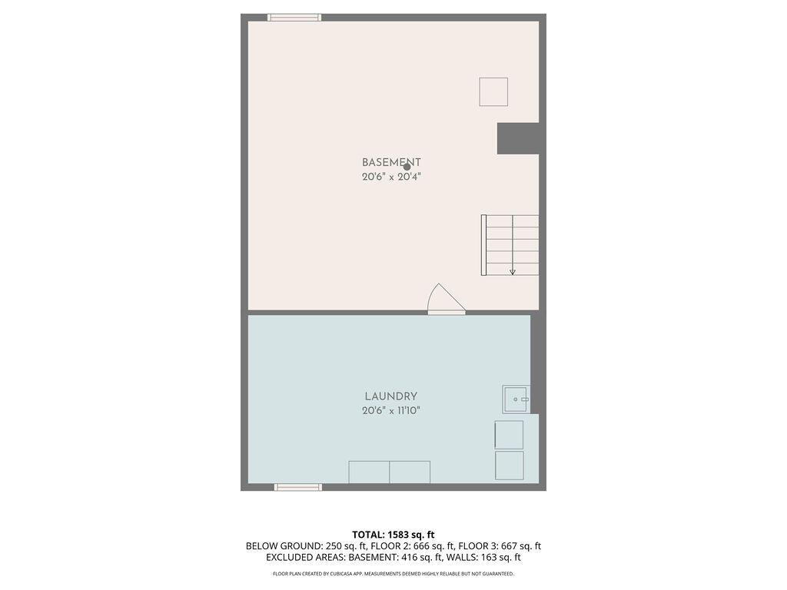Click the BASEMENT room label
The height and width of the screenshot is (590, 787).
[391, 162]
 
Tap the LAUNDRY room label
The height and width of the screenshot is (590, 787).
[391, 396]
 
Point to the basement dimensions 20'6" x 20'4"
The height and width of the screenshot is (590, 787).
[391, 177]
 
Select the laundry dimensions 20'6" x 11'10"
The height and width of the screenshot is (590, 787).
[391, 411]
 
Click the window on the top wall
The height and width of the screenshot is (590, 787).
[294, 18]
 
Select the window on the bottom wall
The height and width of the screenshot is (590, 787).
[298, 487]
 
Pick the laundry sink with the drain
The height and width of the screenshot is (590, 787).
[516, 399]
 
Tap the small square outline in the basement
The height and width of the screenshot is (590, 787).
[493, 91]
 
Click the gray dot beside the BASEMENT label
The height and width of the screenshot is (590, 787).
[407, 167]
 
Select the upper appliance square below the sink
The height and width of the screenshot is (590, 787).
[509, 435]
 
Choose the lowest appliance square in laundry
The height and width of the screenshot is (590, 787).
[509, 466]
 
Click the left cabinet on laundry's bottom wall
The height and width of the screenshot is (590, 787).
[369, 472]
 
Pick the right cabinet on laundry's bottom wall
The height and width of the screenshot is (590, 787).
[410, 472]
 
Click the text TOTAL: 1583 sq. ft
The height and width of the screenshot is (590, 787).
[393, 534]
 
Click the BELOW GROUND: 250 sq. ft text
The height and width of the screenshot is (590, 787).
[287, 546]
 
